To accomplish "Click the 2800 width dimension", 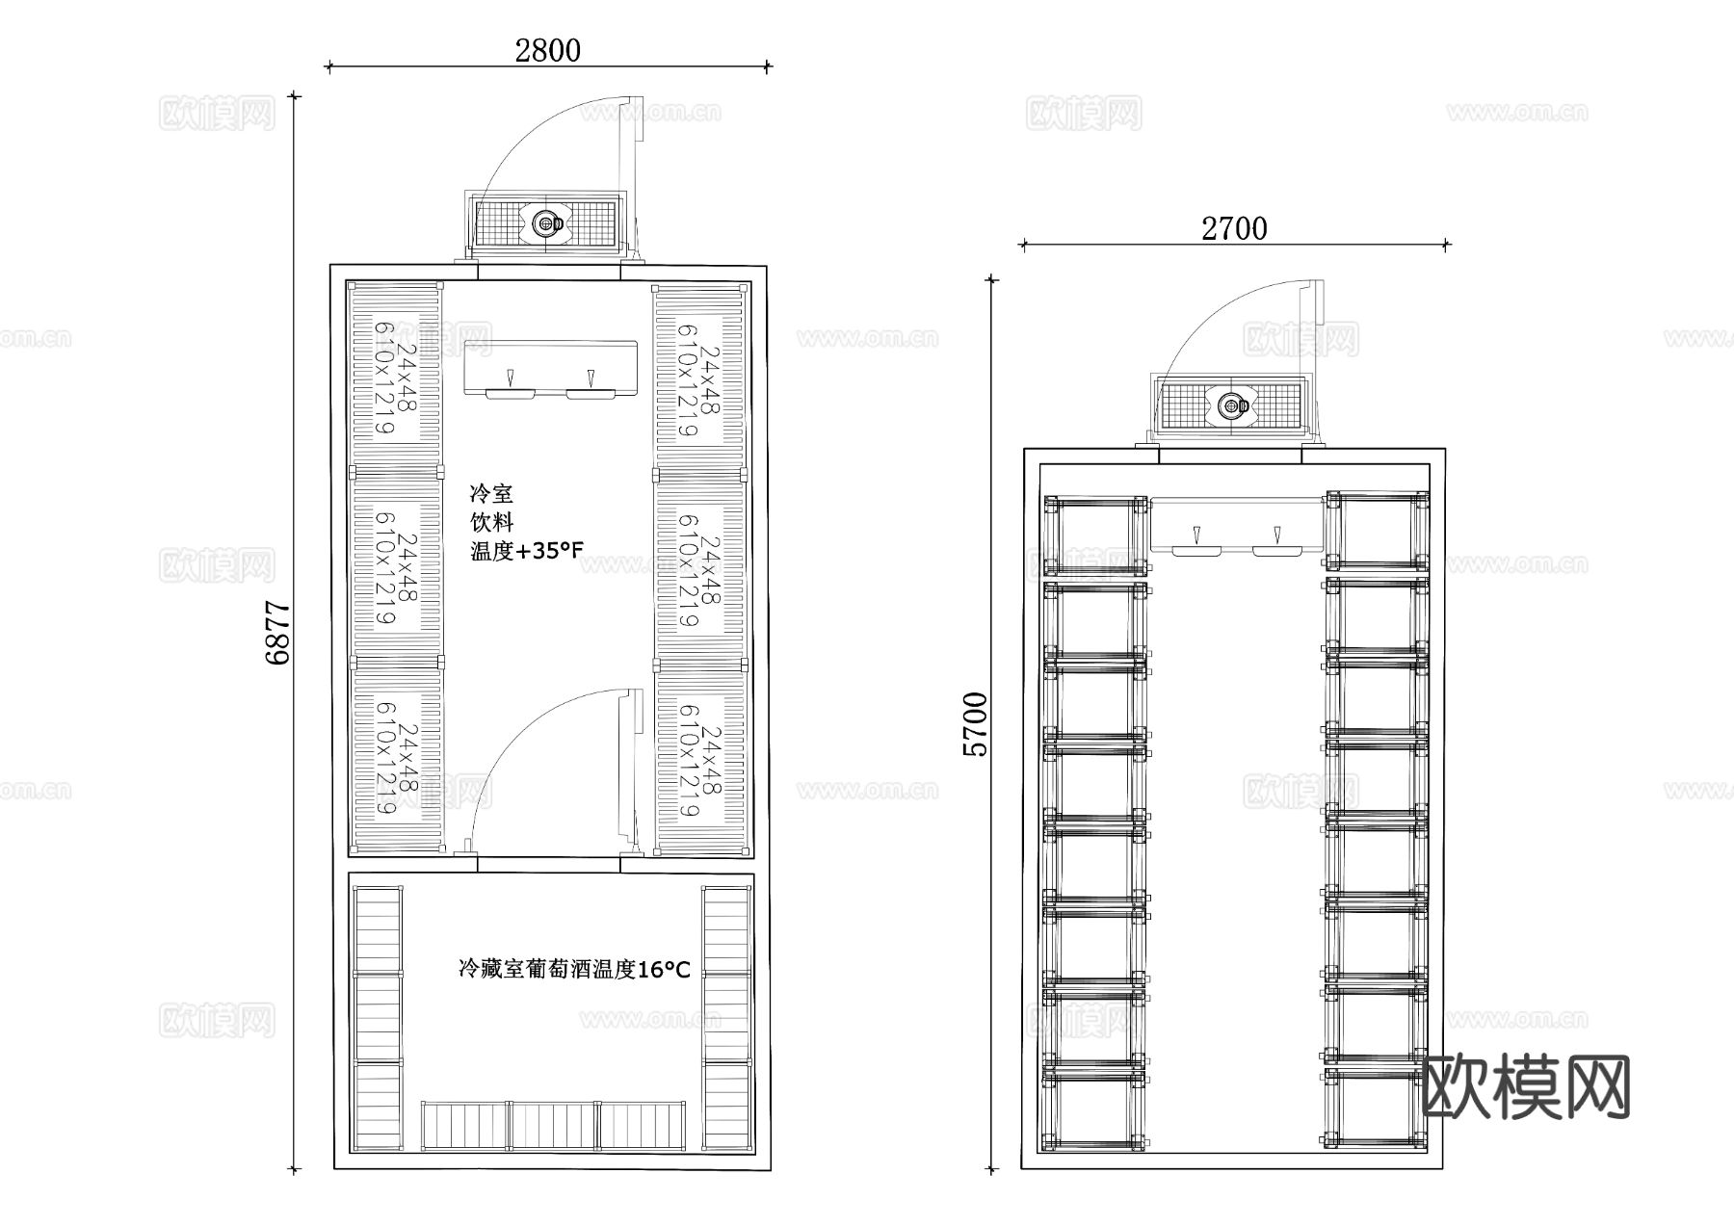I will point(547,50).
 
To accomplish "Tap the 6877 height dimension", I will point(277,633).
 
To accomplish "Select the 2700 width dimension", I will point(1234,229).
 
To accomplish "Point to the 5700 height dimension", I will point(975,724).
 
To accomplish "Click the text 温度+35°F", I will point(527,551).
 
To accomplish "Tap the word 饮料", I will point(491,523).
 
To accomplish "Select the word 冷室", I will point(491,495).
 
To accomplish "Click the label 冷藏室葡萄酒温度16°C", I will point(574,969).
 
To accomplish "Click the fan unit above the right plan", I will point(1233,407).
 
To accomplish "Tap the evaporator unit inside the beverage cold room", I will point(550,368).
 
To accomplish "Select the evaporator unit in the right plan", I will point(1237,527).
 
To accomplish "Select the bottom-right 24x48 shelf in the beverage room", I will point(700,758).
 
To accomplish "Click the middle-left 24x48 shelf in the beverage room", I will point(395,566).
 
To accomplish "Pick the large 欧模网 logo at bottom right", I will point(1526,1086).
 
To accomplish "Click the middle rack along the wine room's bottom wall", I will point(553,1126).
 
